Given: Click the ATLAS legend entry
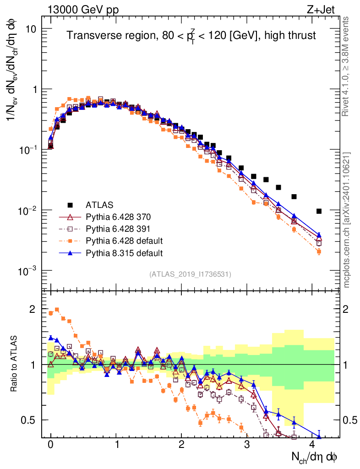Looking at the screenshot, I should (98, 204).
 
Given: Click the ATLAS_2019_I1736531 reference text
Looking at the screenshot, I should (190, 274).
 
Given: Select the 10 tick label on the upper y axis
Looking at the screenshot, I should (31, 29).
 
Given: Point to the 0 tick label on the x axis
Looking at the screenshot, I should (51, 444).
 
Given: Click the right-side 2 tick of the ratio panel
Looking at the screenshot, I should (347, 309).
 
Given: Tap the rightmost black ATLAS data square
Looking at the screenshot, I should (319, 211).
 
